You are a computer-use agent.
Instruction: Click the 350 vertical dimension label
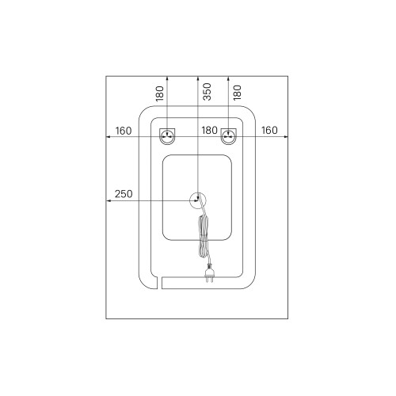click(208, 92)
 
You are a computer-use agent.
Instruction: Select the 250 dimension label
click(124, 194)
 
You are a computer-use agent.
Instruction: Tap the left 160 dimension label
click(124, 131)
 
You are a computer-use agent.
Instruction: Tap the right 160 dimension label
click(269, 130)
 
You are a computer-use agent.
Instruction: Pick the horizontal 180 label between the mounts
click(210, 130)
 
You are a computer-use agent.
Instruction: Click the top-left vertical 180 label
click(160, 93)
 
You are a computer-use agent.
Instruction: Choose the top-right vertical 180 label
click(238, 93)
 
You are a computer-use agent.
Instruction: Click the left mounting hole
click(167, 136)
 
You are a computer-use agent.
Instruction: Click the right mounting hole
click(229, 136)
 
